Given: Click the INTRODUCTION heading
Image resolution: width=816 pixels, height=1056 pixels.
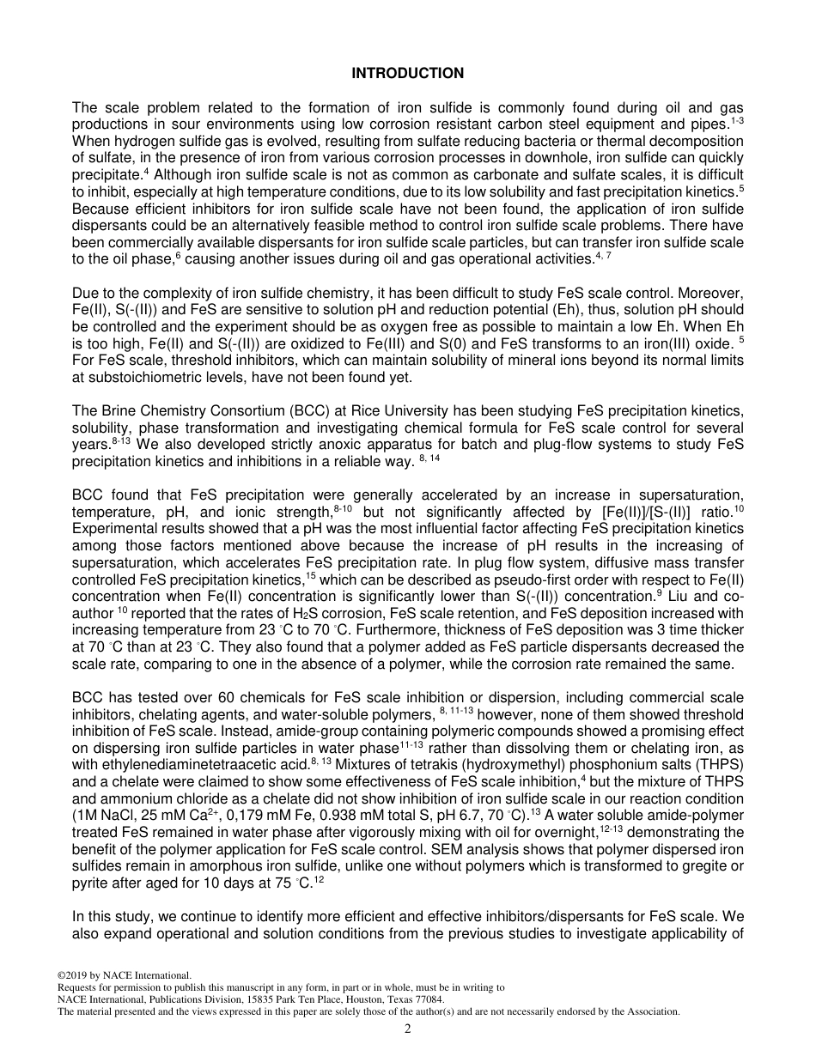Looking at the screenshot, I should pyautogui.click(x=407, y=74).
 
